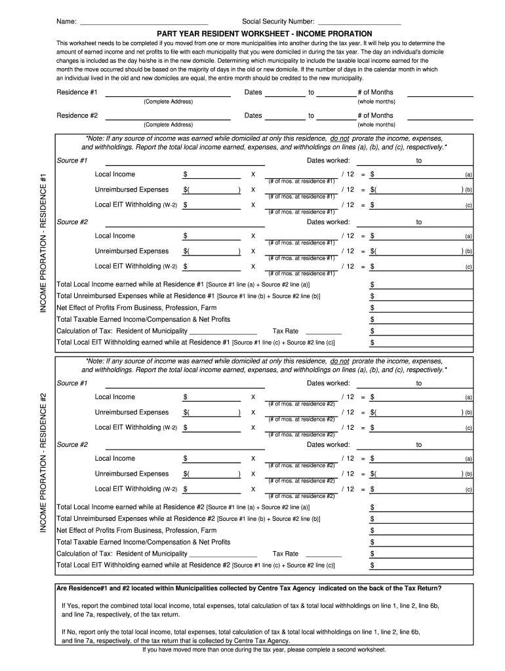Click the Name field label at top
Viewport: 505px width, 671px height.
[66, 21]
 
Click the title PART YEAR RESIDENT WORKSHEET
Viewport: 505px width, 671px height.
[264, 33]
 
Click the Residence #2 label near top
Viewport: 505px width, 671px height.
[77, 115]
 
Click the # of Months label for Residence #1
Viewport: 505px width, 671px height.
[376, 92]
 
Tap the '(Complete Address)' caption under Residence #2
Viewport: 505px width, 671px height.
[168, 125]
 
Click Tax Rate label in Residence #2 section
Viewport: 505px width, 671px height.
[285, 554]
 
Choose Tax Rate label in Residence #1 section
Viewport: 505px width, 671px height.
[285, 331]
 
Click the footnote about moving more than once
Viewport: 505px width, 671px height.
[264, 649]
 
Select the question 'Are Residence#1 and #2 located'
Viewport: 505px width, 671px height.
[249, 588]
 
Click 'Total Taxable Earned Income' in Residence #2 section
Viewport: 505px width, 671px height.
[144, 542]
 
